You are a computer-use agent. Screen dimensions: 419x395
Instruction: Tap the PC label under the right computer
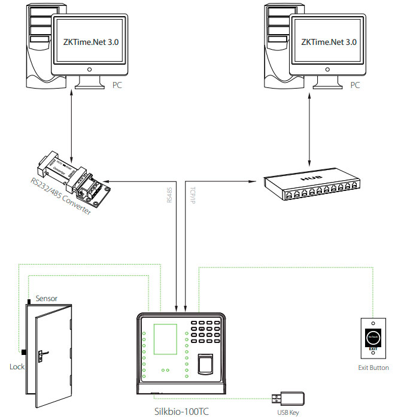pyautogui.click(x=355, y=86)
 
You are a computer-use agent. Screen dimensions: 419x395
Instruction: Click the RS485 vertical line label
pyautogui.click(x=170, y=194)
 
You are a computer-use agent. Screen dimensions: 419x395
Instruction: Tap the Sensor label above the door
pyautogui.click(x=47, y=297)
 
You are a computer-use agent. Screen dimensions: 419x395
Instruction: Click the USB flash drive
pyautogui.click(x=291, y=397)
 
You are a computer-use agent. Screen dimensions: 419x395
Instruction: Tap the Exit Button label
pyautogui.click(x=372, y=368)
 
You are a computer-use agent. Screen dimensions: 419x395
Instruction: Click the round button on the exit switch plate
pyautogui.click(x=372, y=337)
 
